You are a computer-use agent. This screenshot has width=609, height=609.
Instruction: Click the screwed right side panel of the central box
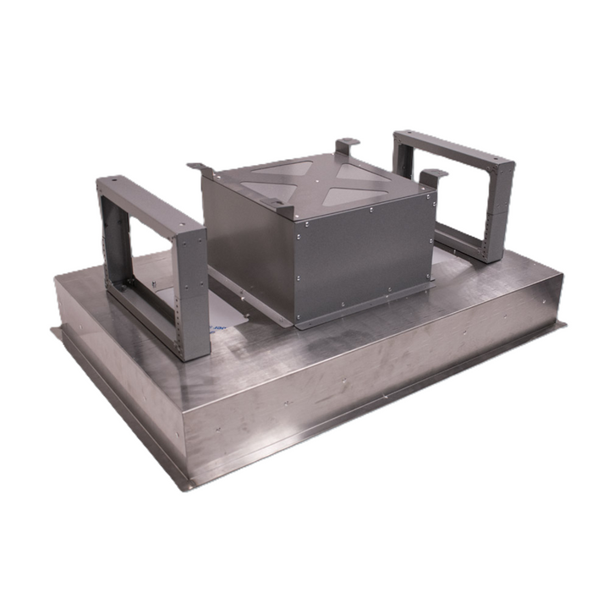pyautogui.click(x=364, y=254)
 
